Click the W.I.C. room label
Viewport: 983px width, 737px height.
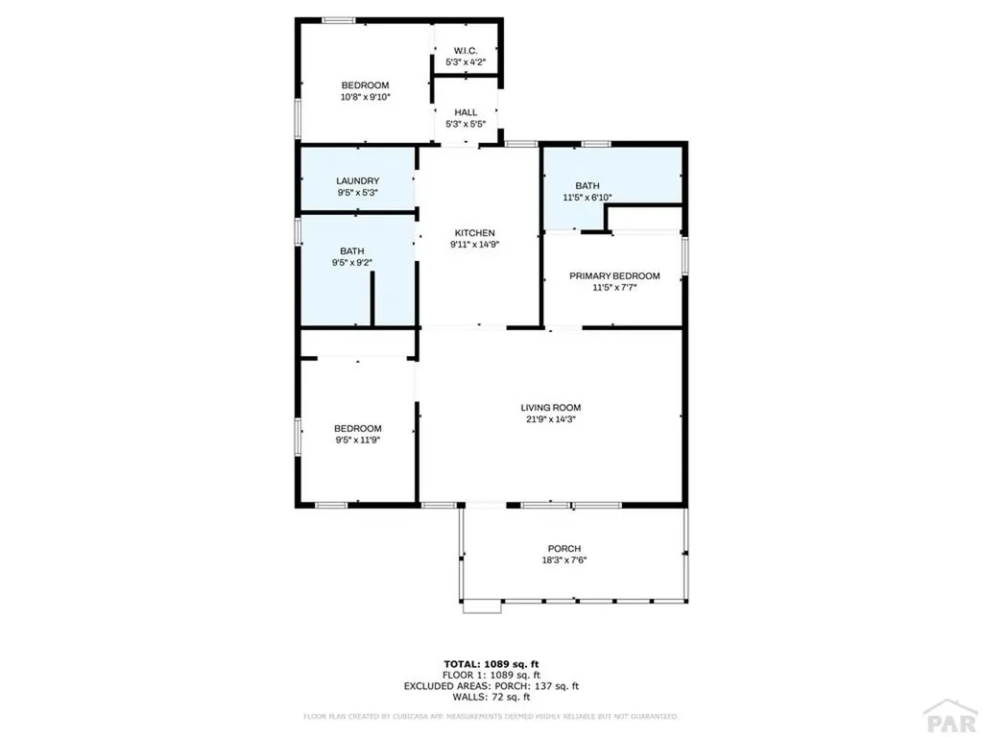466,51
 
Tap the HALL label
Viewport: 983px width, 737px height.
466,112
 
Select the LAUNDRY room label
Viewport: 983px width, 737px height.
357,180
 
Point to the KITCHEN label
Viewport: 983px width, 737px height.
474,232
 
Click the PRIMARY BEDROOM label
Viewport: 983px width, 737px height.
614,275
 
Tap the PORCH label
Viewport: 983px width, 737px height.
563,548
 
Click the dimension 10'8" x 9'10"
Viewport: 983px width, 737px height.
365,97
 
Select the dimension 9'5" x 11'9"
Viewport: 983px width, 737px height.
357,440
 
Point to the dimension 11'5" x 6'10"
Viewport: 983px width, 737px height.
587,198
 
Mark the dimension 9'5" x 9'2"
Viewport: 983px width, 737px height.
351,263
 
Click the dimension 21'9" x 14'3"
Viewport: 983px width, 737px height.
551,418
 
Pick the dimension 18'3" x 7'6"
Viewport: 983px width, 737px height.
563,560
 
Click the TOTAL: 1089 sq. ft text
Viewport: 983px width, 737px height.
491,663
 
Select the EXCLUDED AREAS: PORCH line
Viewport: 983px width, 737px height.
491,686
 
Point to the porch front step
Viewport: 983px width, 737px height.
482,606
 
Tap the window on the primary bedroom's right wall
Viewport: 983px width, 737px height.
684,255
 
